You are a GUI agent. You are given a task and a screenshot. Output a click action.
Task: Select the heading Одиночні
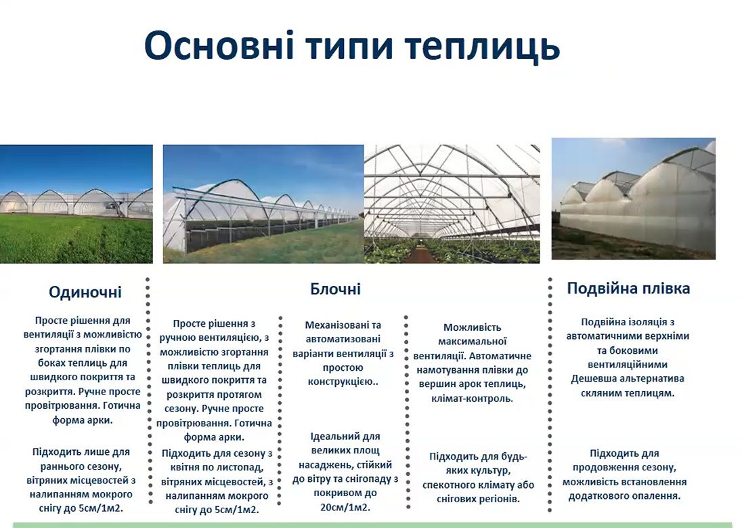85,292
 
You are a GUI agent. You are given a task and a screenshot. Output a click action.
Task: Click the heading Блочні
336,289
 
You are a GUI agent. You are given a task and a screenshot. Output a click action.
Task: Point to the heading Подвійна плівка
628,288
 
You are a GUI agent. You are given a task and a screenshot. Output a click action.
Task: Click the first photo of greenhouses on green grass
77,204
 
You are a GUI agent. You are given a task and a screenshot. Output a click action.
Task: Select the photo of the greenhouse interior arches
452,204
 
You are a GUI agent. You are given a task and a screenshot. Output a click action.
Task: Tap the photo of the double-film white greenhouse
634,199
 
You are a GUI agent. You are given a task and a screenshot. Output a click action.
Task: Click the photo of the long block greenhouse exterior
263,204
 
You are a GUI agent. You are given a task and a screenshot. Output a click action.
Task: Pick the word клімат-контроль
473,399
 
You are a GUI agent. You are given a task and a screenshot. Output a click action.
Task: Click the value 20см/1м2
345,507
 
